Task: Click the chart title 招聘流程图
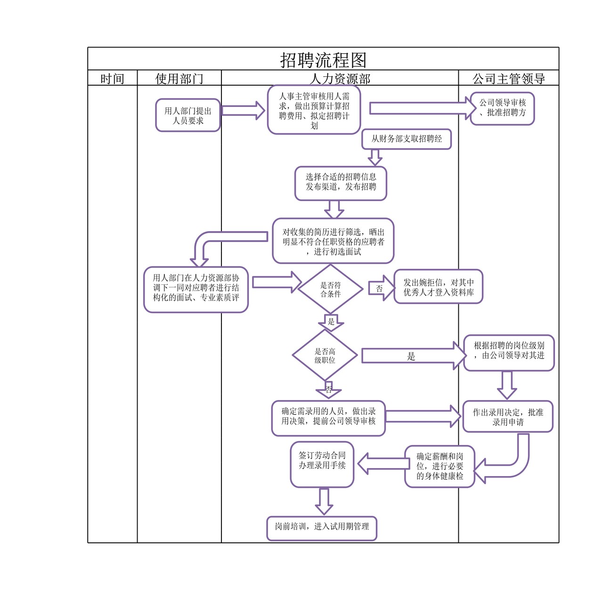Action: coord(323,60)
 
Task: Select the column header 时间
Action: coord(112,79)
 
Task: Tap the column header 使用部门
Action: coord(179,79)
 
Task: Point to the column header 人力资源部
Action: coord(340,79)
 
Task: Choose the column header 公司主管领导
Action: coord(508,79)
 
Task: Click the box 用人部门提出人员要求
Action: coord(188,115)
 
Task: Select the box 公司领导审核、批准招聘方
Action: coord(502,108)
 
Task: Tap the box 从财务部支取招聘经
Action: coord(407,139)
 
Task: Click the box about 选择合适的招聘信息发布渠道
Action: coord(341,183)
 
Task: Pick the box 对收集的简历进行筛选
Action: coord(333,241)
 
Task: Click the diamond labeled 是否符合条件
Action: coord(330,290)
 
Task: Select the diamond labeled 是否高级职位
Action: coord(325,356)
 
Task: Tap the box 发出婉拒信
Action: coord(438,287)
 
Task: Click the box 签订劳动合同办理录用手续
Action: coord(322,464)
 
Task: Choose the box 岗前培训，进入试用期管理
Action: coord(322,527)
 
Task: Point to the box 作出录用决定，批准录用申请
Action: coord(507,417)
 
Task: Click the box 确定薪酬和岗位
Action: coord(440,466)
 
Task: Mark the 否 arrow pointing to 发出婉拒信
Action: coord(381,289)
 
